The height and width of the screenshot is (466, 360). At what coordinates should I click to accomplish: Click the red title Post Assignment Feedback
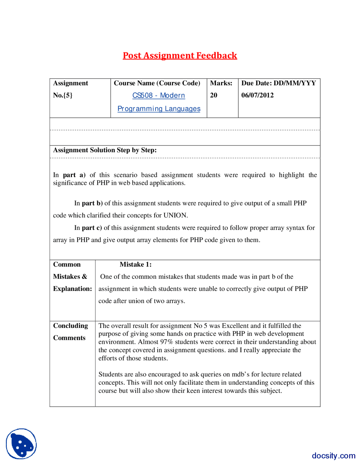(180, 55)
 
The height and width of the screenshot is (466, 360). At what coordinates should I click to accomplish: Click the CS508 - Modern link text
(159, 95)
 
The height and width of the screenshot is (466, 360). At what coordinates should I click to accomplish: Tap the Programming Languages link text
(159, 109)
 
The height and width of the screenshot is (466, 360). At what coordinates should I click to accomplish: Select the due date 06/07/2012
(257, 95)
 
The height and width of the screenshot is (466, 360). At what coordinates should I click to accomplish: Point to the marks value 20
(213, 95)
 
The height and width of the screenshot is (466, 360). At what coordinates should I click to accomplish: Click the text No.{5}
(63, 95)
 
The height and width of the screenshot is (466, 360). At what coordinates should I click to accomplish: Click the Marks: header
(221, 83)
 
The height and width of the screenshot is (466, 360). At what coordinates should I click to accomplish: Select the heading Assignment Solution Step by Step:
(105, 150)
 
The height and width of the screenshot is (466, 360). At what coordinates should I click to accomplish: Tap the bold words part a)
(74, 175)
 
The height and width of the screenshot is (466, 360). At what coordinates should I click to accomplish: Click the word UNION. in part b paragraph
(176, 215)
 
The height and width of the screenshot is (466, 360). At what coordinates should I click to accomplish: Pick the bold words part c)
(92, 228)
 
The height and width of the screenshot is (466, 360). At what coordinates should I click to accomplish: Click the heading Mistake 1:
(136, 264)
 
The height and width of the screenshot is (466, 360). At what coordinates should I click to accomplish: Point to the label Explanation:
(73, 289)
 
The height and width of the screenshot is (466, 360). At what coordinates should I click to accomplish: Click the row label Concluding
(71, 326)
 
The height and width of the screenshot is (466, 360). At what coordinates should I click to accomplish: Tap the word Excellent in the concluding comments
(235, 326)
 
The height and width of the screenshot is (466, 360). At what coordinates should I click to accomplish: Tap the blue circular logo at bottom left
(21, 444)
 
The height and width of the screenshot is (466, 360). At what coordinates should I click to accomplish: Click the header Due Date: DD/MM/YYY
(278, 83)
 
